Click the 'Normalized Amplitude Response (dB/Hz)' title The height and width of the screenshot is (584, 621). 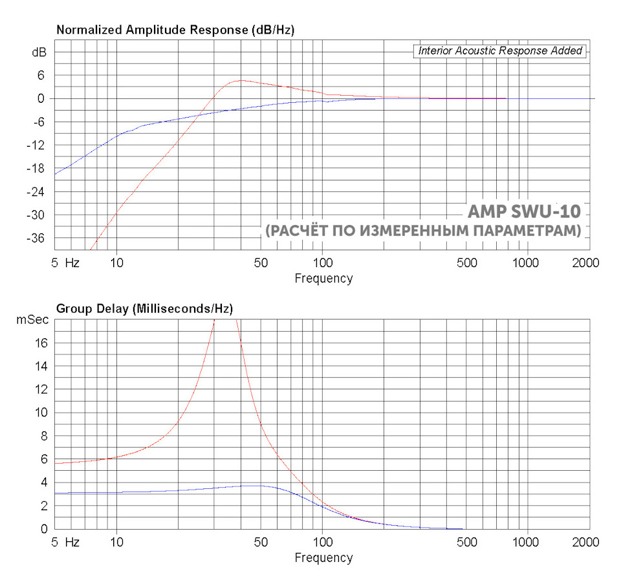tap(176, 30)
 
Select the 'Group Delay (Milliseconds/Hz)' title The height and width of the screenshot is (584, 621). tap(145, 308)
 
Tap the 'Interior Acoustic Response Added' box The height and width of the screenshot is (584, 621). tap(500, 50)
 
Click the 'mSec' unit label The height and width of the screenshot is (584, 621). tap(32, 319)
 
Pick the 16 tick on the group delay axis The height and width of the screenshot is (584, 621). tap(41, 343)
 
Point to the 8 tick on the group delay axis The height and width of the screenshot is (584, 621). tap(44, 436)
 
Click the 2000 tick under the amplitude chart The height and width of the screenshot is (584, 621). tap(586, 263)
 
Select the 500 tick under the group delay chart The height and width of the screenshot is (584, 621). tap(467, 542)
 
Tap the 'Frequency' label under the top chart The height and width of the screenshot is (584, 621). tap(323, 279)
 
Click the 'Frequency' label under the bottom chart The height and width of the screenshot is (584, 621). tap(323, 557)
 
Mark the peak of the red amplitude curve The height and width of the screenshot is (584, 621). tap(241, 80)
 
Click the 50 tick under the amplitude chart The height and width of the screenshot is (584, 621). tap(261, 263)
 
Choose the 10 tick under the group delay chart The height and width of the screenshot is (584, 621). tap(117, 542)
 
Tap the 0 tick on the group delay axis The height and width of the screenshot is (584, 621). tap(44, 529)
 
